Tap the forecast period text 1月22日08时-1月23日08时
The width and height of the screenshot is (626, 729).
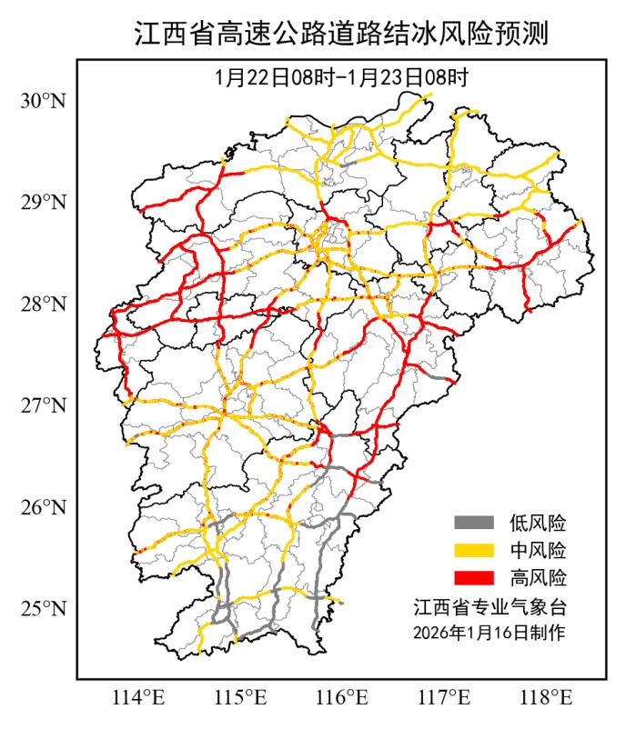(x=341, y=77)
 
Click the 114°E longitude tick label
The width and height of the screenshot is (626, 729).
(x=137, y=698)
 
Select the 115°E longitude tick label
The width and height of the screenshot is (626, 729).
(x=240, y=698)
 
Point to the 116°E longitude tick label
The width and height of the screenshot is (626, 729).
(x=343, y=698)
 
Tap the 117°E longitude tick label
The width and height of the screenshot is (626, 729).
(x=446, y=698)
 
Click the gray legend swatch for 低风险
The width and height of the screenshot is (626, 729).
(x=473, y=523)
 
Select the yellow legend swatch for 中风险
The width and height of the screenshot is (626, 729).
(x=473, y=550)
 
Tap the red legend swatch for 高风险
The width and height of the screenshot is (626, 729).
(x=473, y=577)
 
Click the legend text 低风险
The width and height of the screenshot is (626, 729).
(x=538, y=523)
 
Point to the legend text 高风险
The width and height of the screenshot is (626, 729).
(x=538, y=577)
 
